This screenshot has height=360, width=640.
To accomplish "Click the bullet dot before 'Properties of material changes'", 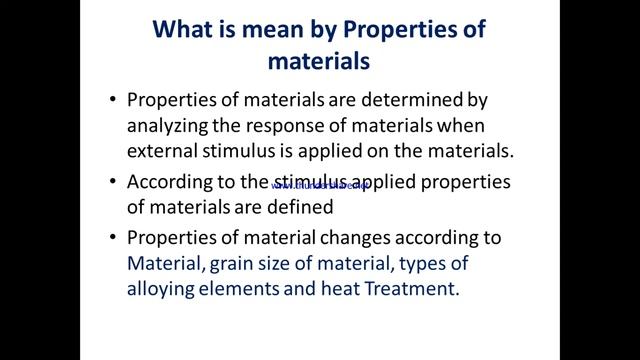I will [x=111, y=240].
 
